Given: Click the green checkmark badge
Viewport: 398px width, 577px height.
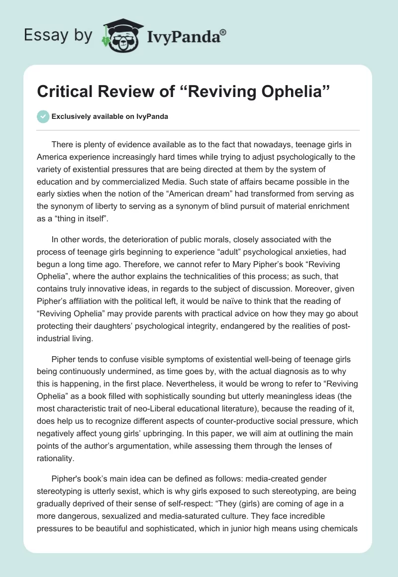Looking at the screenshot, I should (43, 116).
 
